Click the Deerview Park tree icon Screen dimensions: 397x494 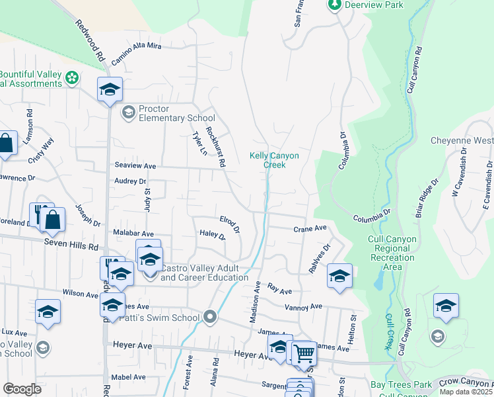[x=334, y=5]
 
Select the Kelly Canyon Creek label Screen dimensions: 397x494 [x=274, y=160]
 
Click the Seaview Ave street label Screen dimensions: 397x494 [x=135, y=166]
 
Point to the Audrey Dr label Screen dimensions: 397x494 [x=129, y=181]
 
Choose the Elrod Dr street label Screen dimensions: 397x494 [x=230, y=224]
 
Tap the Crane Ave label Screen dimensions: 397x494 [x=310, y=228]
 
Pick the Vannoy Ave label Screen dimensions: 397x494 [x=303, y=307]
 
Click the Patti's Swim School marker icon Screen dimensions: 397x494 [x=211, y=318]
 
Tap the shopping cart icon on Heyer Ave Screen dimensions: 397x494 [x=303, y=354]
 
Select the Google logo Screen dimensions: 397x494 [x=22, y=389]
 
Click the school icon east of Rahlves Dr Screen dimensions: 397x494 [x=339, y=276]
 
